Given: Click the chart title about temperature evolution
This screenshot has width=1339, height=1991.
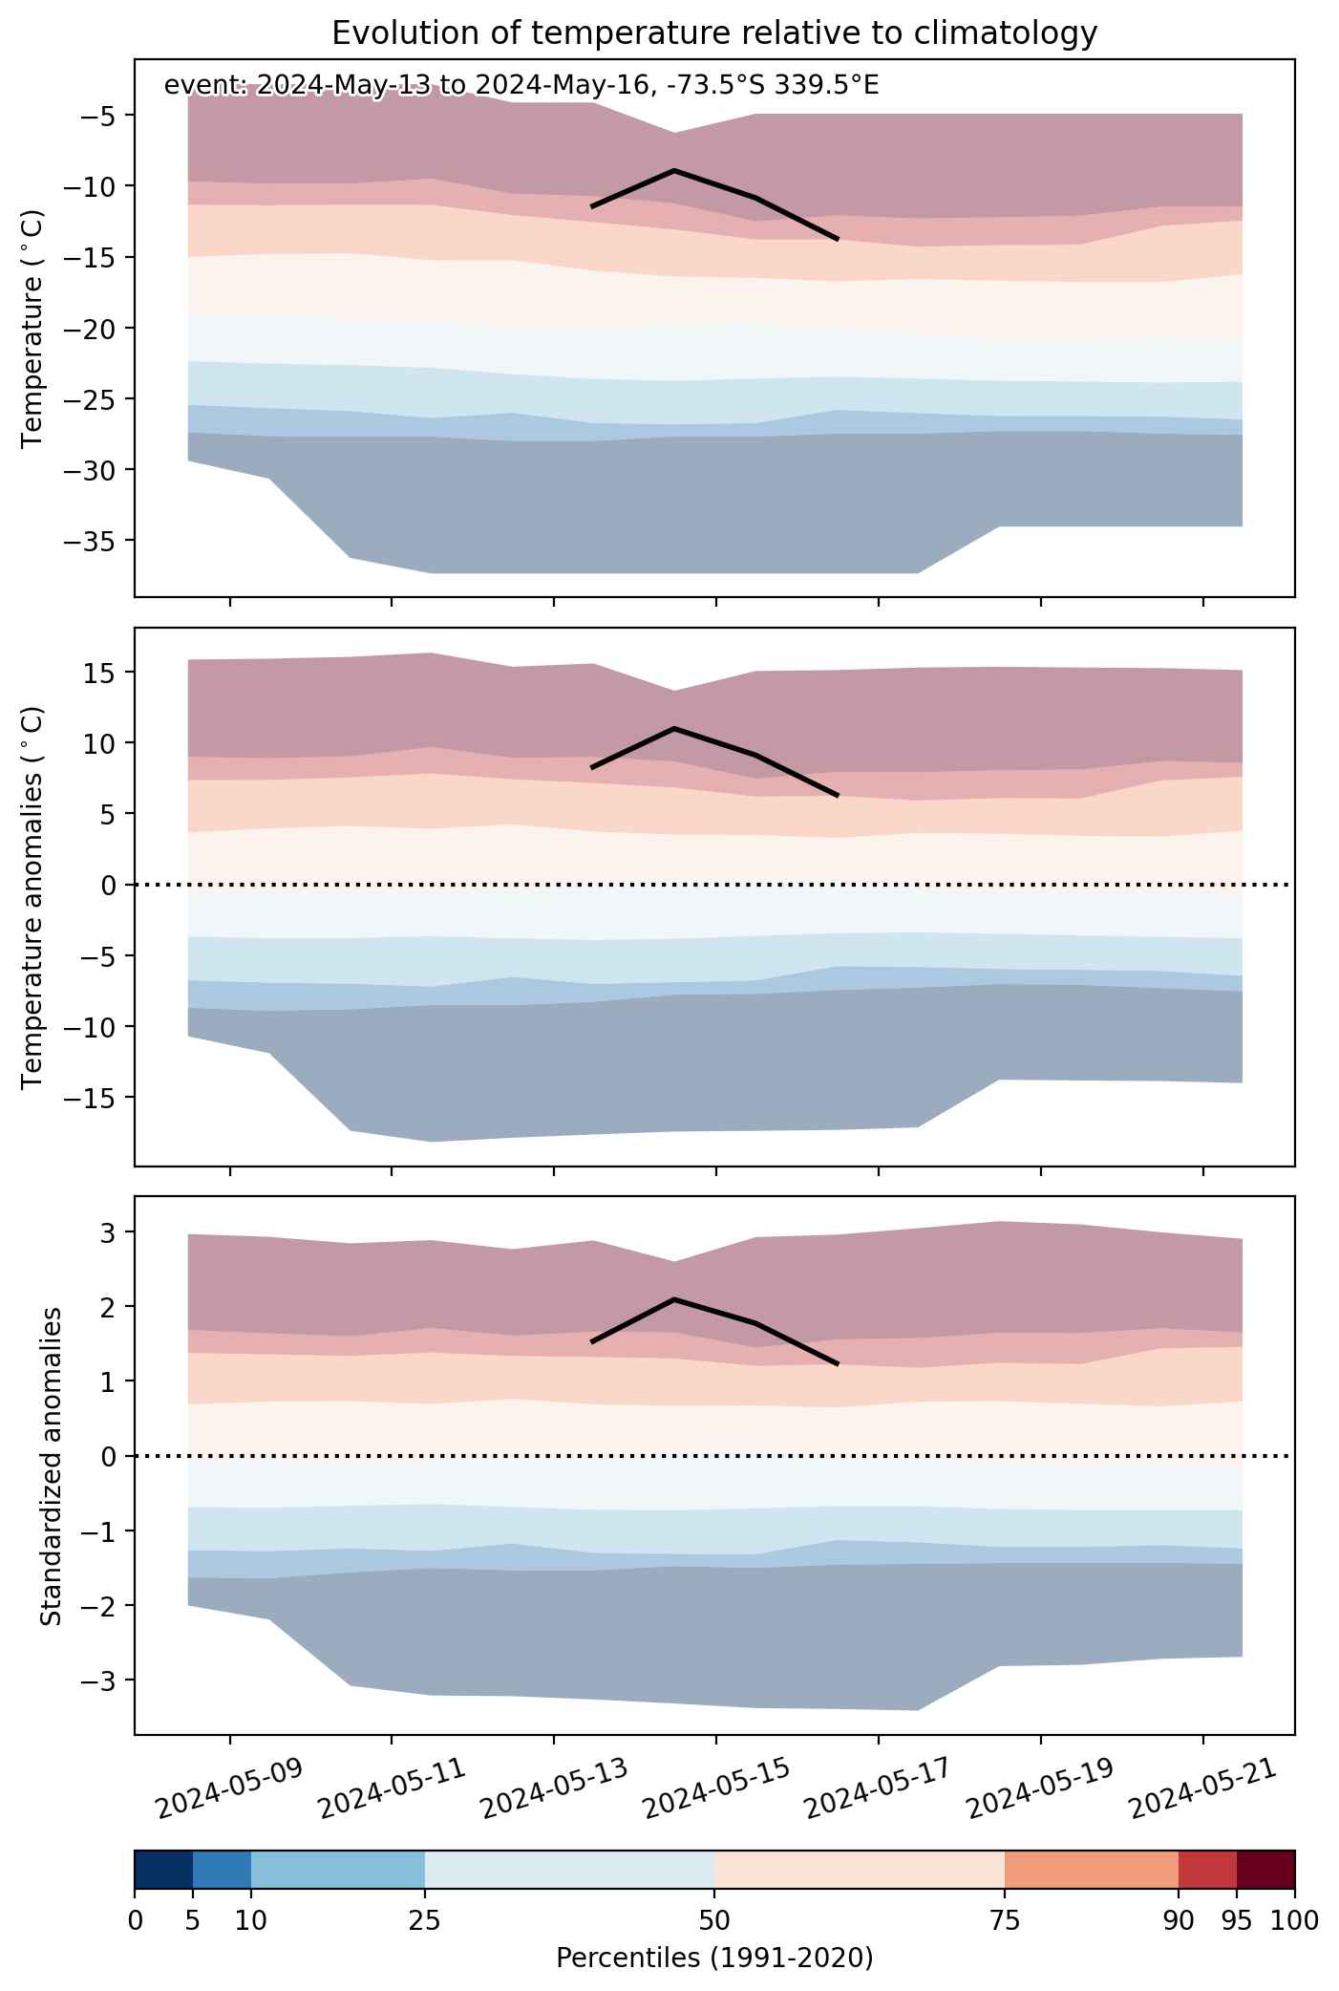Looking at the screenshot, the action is pyautogui.click(x=714, y=33).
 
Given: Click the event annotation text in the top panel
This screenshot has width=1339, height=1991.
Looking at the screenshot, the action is pyautogui.click(x=521, y=85).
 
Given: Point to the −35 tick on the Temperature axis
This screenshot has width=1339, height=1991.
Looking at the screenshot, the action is pyautogui.click(x=94, y=541).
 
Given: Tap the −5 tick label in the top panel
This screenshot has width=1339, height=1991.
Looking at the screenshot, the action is pyautogui.click(x=101, y=115).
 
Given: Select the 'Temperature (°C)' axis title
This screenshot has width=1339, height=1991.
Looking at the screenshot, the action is pyautogui.click(x=33, y=329).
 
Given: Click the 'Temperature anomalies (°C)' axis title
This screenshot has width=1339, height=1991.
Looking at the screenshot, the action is pyautogui.click(x=33, y=896).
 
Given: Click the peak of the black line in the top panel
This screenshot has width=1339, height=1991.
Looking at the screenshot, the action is pyautogui.click(x=674, y=170).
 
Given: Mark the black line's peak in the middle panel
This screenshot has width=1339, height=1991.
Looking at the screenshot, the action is pyautogui.click(x=674, y=728).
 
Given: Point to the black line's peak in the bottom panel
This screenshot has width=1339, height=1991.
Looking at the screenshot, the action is pyautogui.click(x=674, y=1299).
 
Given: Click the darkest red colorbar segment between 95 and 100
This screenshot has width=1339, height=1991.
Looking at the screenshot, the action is pyautogui.click(x=1265, y=1869).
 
